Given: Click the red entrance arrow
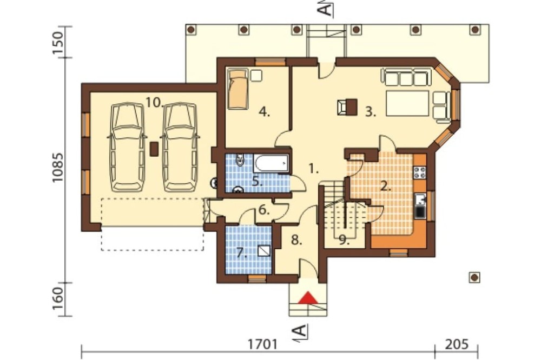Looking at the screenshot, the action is [308, 298].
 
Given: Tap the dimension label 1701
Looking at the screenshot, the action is [262, 344].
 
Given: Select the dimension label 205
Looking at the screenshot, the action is [457, 344].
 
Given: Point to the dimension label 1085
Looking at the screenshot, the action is [58, 168].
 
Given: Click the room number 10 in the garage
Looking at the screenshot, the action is [154, 102].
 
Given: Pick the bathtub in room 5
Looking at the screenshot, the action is [271, 163].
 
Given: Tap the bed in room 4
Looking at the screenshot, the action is [237, 89].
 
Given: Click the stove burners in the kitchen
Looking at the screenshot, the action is [420, 172].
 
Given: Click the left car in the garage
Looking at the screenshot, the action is [127, 147].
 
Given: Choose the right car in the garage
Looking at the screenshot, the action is [181, 147].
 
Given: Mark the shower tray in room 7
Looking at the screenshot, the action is [265, 251].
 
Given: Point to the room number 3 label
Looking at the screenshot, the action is [371, 112].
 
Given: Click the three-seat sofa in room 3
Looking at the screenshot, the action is [407, 77].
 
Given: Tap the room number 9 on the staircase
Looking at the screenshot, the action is [343, 239].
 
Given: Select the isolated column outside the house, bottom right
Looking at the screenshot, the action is [475, 277].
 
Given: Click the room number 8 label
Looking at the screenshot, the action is [296, 240].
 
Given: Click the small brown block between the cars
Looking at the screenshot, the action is [154, 149].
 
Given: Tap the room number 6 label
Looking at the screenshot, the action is [264, 210].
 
